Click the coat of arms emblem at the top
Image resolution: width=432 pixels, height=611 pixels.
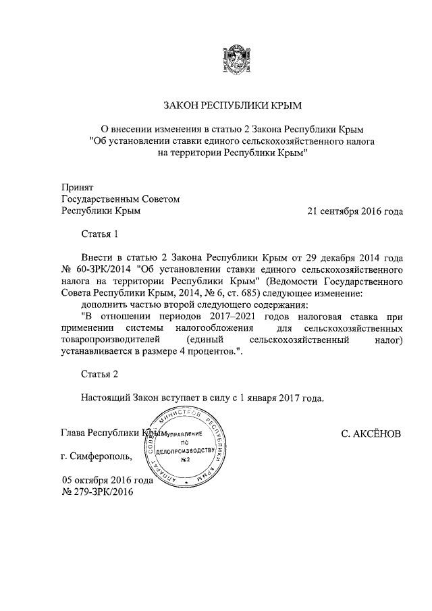tap(233, 57)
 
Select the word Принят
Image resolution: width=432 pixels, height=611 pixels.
tap(77, 187)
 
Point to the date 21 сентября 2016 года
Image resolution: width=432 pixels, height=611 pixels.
tap(354, 211)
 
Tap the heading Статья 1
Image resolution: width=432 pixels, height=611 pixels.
tap(99, 235)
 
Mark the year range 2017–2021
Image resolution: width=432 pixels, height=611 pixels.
tap(231, 317)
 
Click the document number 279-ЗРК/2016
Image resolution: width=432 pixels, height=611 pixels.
tap(105, 492)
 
